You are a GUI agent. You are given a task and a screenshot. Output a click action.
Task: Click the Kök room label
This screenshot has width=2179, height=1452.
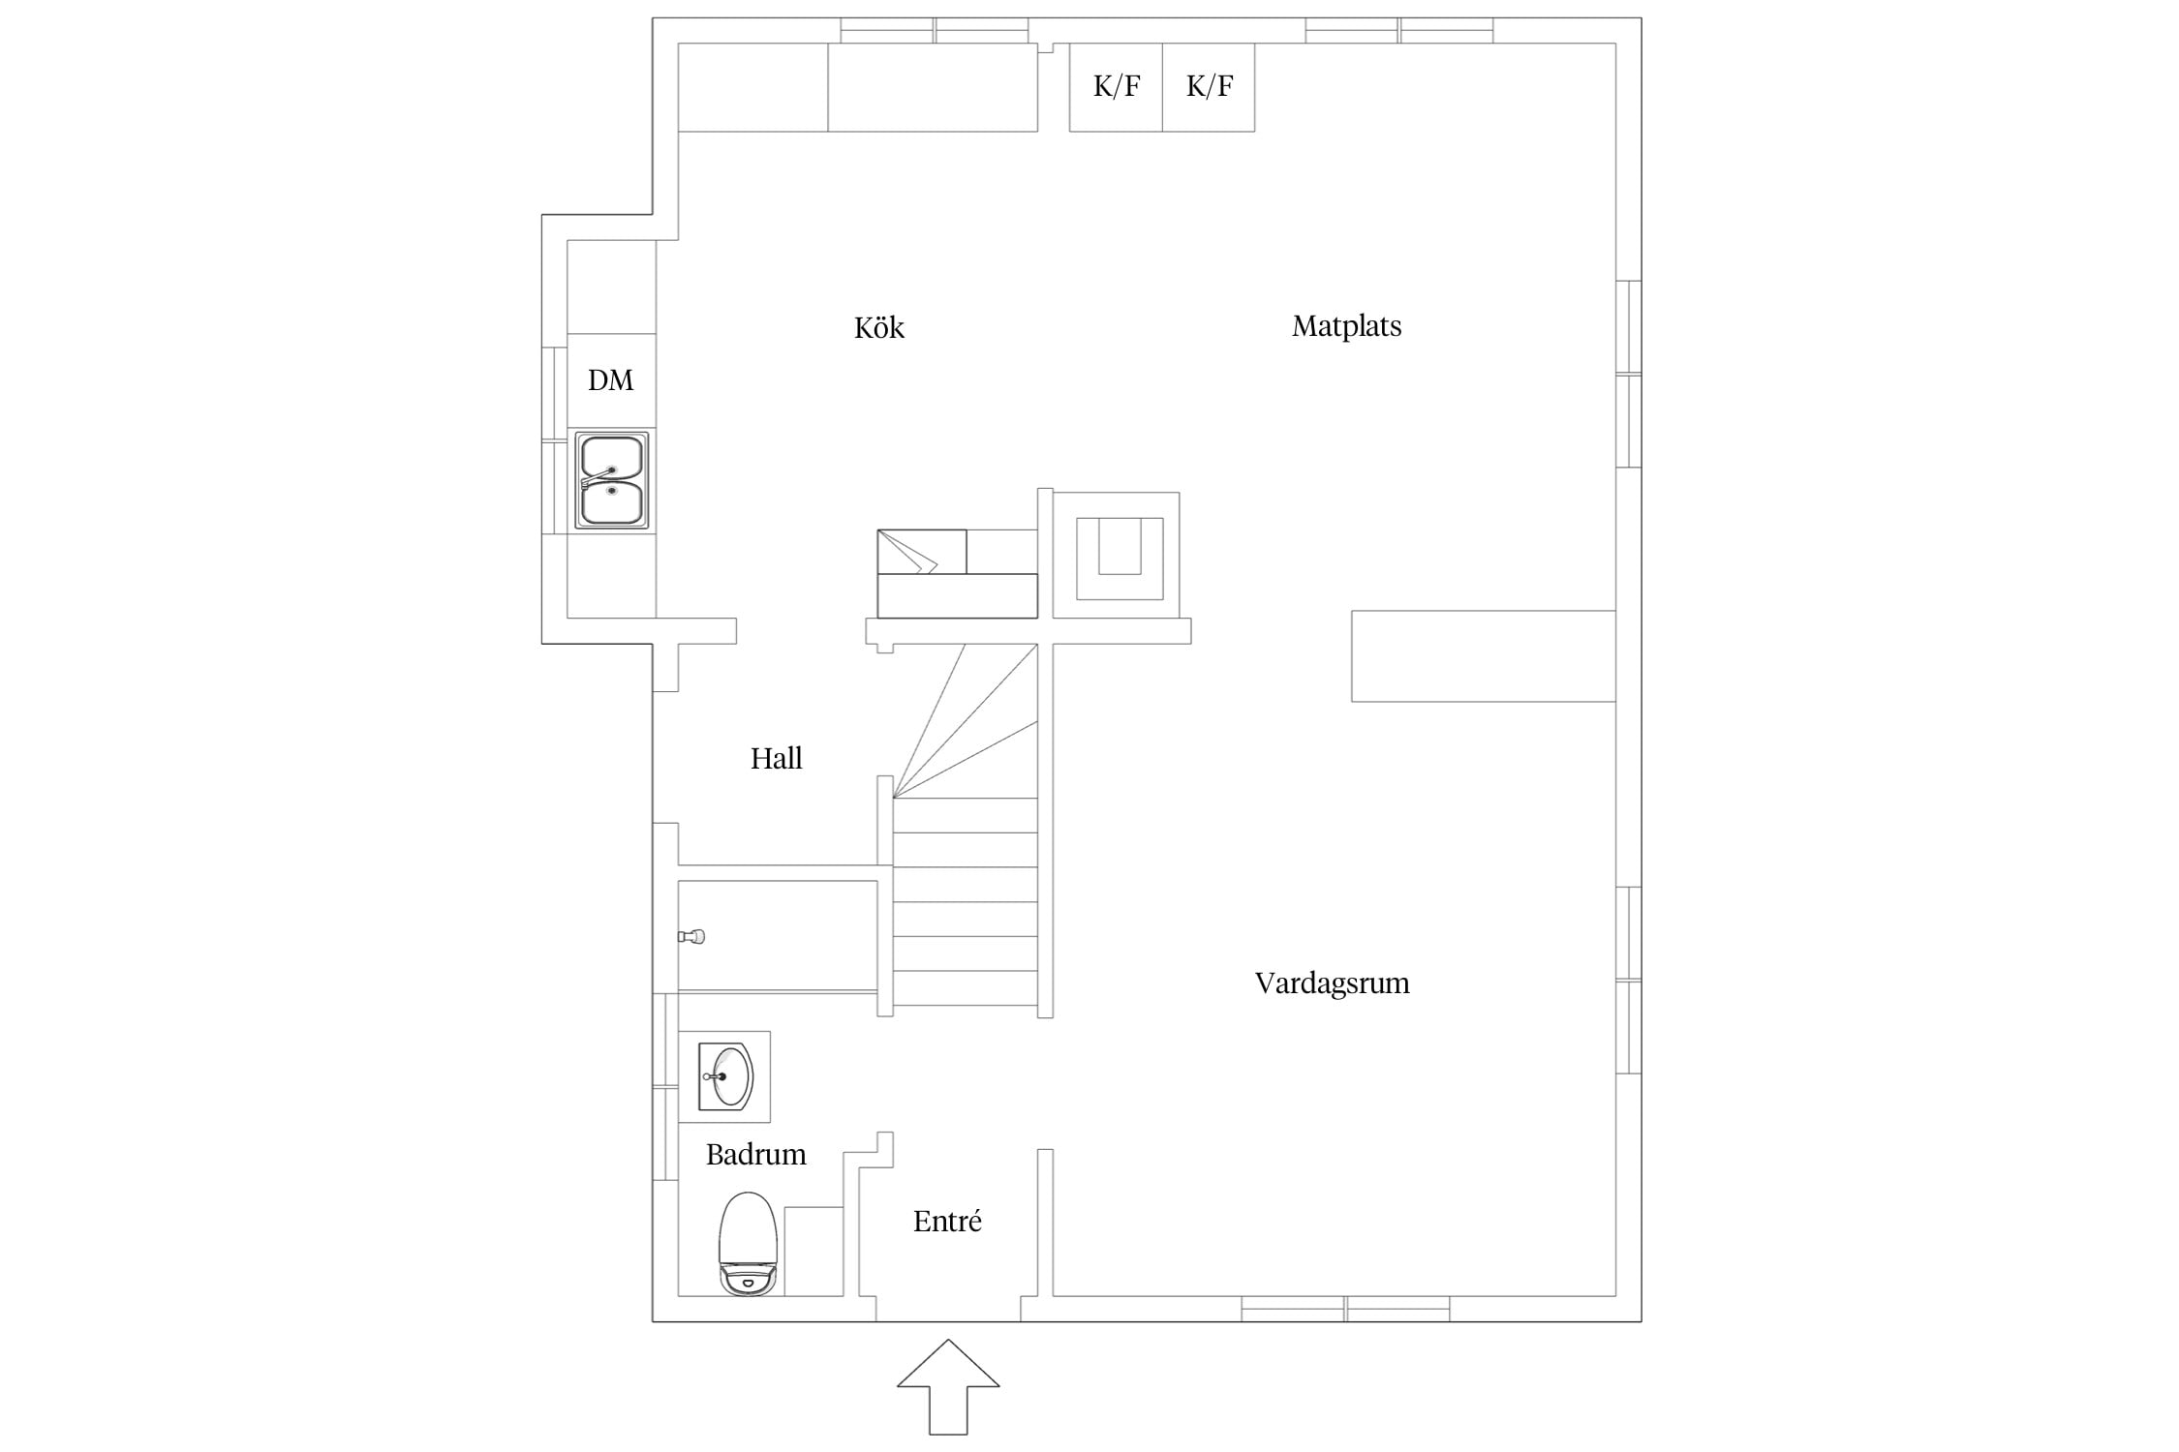click(878, 328)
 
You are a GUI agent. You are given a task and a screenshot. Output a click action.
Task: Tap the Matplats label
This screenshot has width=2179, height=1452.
click(1346, 326)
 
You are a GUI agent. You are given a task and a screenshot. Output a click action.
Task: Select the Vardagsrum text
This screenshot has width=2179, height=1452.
click(1332, 983)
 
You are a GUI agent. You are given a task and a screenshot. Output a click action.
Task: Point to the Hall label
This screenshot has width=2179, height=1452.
click(776, 758)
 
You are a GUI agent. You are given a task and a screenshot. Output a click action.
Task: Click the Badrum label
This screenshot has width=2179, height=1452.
click(755, 1154)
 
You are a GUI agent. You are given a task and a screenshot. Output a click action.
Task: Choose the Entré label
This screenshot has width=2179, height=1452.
click(947, 1221)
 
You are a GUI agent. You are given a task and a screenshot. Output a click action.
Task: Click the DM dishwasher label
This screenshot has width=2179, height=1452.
click(610, 380)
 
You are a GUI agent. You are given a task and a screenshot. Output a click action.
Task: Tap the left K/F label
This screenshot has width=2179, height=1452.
click(1117, 86)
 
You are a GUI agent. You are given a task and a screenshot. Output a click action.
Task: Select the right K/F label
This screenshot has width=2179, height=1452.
click(1210, 86)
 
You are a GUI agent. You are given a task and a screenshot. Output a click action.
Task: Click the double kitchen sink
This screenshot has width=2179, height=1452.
click(612, 480)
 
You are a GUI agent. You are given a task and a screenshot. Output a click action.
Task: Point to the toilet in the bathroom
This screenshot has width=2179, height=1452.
click(749, 1244)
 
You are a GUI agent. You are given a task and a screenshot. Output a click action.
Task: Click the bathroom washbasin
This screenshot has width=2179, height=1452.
click(725, 1076)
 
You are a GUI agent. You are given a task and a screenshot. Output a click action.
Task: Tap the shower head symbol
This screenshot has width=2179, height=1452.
click(691, 936)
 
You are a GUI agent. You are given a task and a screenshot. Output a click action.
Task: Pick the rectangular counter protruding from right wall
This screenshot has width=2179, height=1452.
click(1484, 655)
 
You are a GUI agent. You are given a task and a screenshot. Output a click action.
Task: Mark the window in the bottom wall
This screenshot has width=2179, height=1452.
click(1346, 1309)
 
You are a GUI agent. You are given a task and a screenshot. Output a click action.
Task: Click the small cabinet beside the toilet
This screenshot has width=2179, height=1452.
click(813, 1252)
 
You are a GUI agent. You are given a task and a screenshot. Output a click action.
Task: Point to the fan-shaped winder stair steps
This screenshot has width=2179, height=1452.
click(966, 721)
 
